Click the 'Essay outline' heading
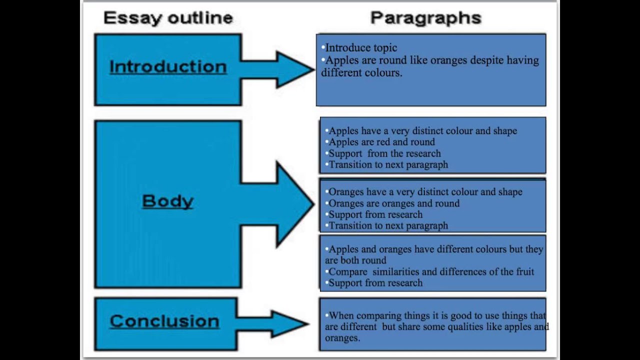[x=168, y=18]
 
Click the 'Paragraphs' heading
[x=425, y=18]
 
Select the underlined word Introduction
[x=168, y=67]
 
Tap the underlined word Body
[x=167, y=201]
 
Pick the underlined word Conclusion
[x=164, y=321]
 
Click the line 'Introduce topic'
[x=361, y=48]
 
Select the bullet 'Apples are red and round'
[x=381, y=142]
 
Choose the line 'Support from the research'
[x=384, y=153]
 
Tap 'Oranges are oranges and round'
[x=393, y=203]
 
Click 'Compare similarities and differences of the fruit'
[x=431, y=272]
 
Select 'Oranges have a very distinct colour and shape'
[x=425, y=192]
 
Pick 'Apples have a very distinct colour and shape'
[x=422, y=131]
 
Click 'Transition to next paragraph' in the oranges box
[x=388, y=225]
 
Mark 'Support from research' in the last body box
[x=375, y=283]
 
